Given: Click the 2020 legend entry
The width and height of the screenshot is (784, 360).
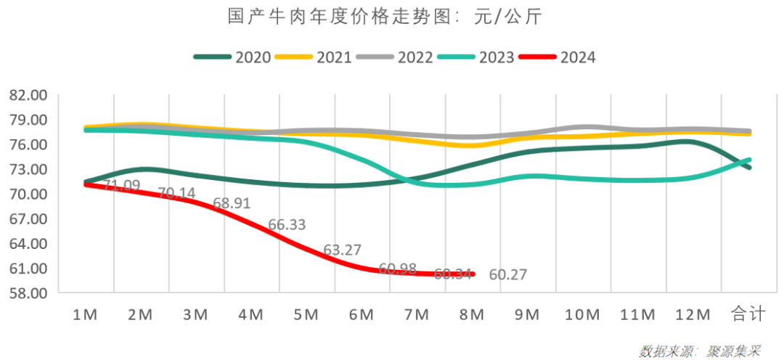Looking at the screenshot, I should pyautogui.click(x=232, y=57).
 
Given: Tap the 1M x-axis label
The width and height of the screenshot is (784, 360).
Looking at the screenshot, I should pyautogui.click(x=86, y=314).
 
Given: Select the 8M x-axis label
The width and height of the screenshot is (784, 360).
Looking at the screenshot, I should pyautogui.click(x=472, y=314).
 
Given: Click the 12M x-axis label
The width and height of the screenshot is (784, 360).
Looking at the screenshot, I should pyautogui.click(x=692, y=314).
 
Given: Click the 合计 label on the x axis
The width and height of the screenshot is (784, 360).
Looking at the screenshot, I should pyautogui.click(x=748, y=314).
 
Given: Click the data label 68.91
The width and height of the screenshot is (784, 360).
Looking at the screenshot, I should pyautogui.click(x=231, y=204).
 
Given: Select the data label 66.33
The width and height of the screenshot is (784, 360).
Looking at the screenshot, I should pyautogui.click(x=287, y=225).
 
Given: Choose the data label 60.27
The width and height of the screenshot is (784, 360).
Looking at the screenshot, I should pyautogui.click(x=507, y=275).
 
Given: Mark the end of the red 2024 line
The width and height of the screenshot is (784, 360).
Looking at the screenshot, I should pyautogui.click(x=473, y=274).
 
